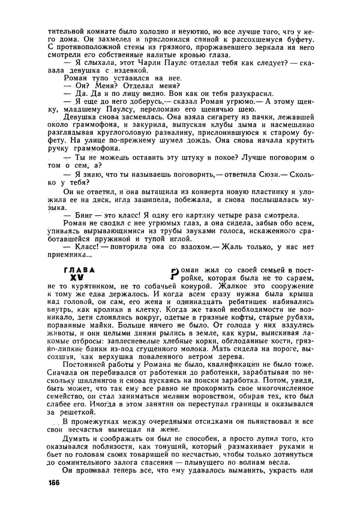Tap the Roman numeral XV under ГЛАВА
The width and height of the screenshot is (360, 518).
pos(76,279)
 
